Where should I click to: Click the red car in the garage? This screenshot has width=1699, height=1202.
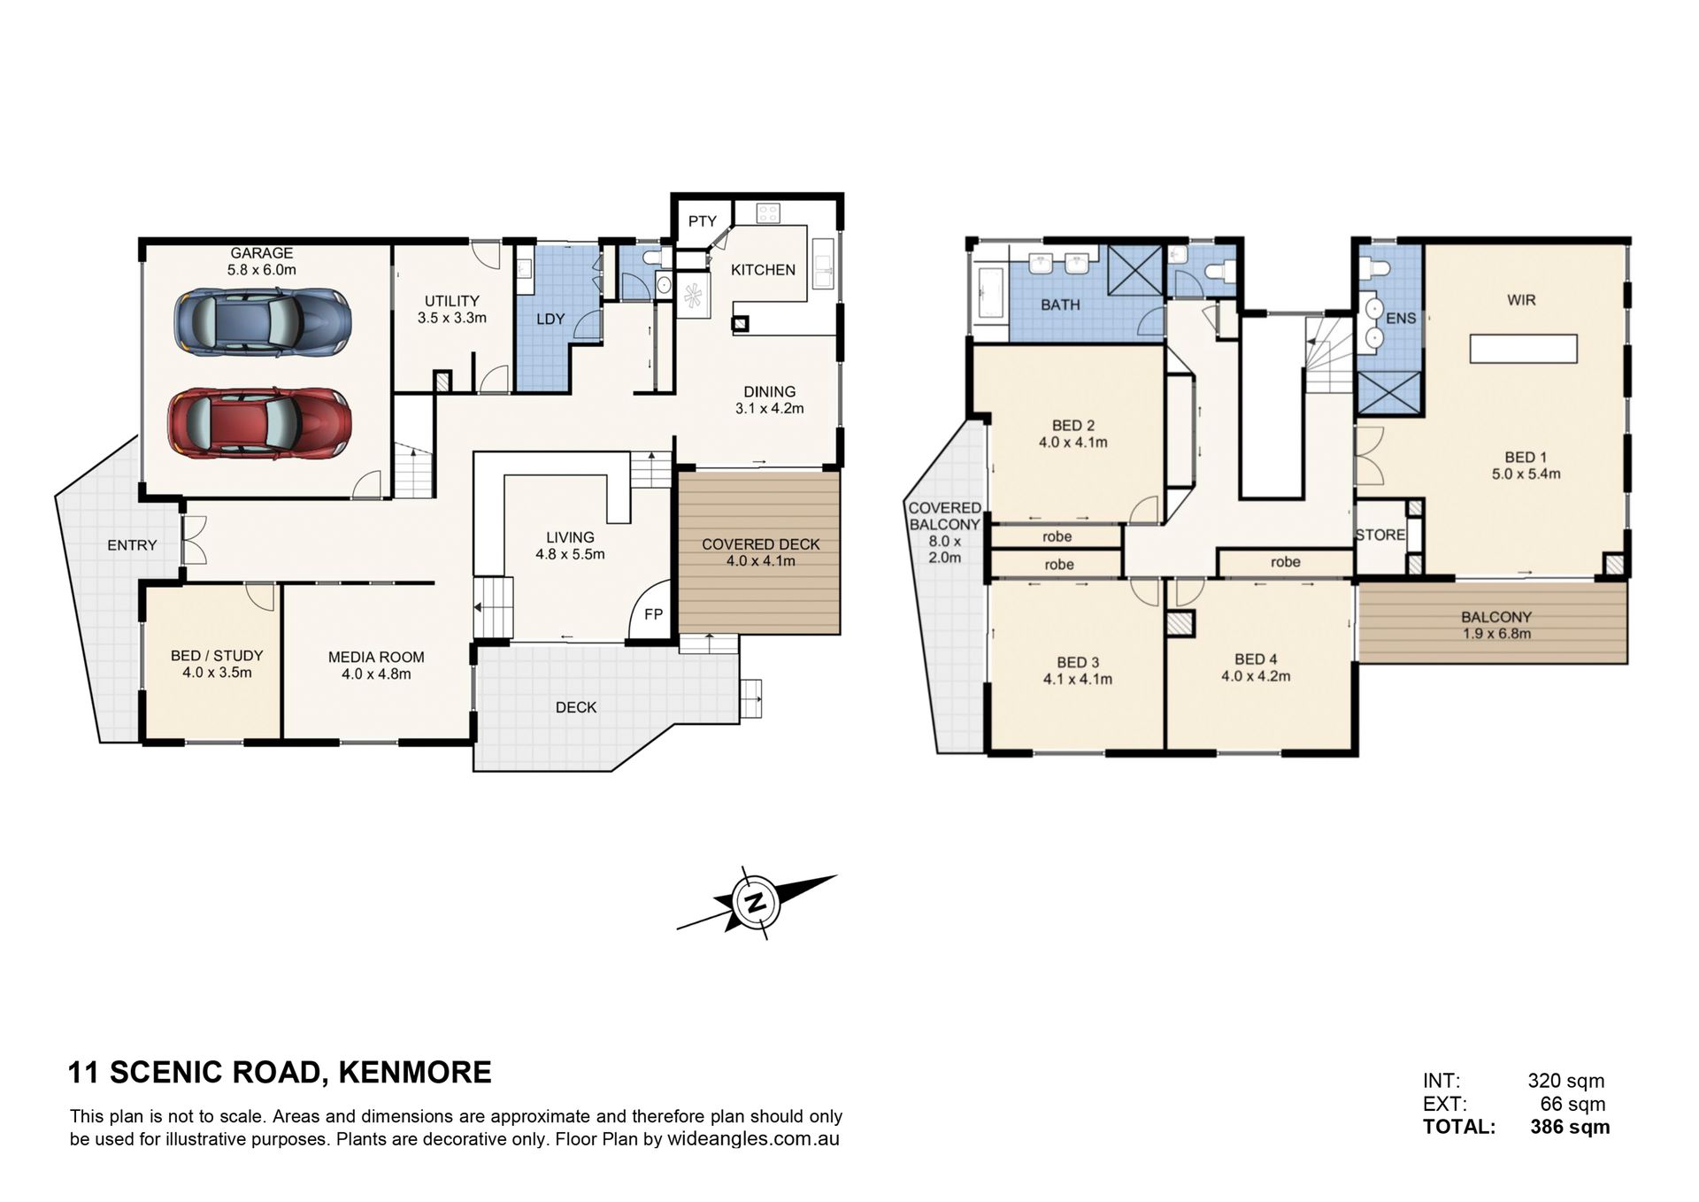point(258,423)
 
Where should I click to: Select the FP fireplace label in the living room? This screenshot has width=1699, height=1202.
point(653,613)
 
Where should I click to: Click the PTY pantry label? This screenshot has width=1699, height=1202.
point(703,221)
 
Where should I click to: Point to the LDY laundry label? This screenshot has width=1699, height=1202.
point(550,319)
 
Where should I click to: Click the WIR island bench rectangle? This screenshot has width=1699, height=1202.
point(1524,348)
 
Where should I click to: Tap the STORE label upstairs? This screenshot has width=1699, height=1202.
point(1380,535)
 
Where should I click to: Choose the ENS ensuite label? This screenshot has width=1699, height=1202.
point(1402,318)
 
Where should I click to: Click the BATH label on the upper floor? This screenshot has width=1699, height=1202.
point(1060,304)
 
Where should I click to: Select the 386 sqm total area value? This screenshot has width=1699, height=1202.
point(1570,1127)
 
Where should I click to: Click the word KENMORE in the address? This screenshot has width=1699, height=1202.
point(415,1073)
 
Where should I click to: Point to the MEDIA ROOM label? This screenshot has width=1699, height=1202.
point(376,657)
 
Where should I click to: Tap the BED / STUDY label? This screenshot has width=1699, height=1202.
point(217,655)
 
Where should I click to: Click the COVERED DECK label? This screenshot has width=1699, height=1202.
point(761,544)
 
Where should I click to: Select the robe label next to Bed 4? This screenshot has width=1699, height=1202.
point(1285,562)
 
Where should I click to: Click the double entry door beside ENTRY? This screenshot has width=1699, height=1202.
point(194,540)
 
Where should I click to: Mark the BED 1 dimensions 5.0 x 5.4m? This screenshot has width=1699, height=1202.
point(1526,474)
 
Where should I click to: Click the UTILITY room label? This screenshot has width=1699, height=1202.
point(451,301)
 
